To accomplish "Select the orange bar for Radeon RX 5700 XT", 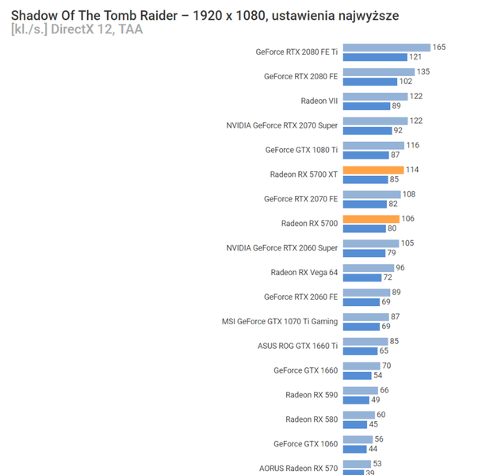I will tap(373, 170).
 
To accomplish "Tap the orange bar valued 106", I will tap(371, 219).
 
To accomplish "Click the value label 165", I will tap(438, 48).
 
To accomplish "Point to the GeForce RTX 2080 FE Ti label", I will tap(296, 52).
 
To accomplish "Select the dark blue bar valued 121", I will tap(374, 57).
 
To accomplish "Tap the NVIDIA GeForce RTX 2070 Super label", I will tap(281, 125).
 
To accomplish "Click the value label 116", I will tap(412, 145).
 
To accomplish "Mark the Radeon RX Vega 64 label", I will tap(304, 273).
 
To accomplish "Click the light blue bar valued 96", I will tap(368, 268).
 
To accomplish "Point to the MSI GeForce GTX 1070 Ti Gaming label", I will tap(279, 321).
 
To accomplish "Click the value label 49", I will tap(375, 400).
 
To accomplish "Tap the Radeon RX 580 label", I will tap(312, 419).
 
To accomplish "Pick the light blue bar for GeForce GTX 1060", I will tap(358, 439).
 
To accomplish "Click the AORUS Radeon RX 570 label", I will tap(298, 468).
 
